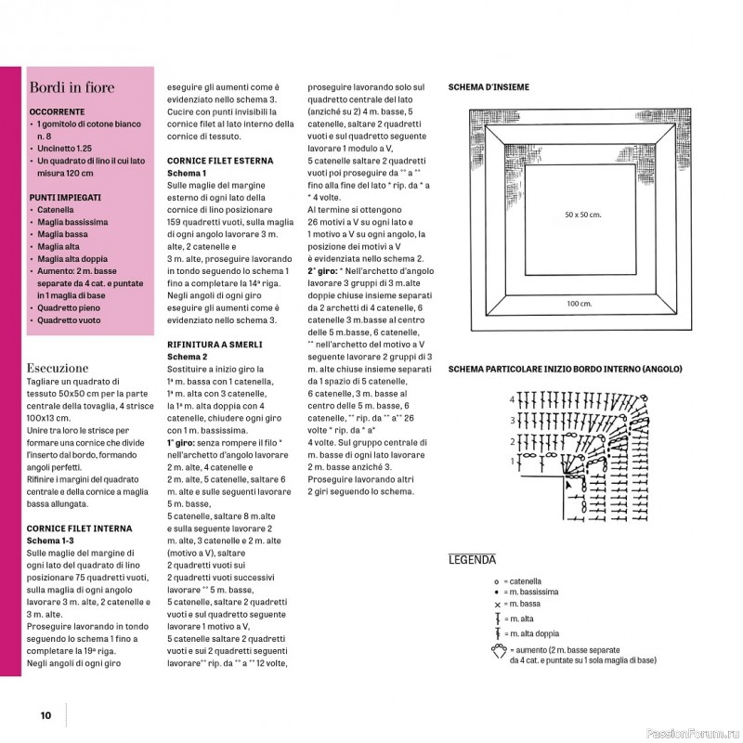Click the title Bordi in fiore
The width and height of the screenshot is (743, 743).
[72, 88]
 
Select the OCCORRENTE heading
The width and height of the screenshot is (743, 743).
[58, 111]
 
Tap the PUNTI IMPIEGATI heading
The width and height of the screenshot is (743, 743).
[65, 198]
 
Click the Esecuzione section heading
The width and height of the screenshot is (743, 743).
[59, 368]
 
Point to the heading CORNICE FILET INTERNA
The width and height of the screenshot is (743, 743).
[78, 528]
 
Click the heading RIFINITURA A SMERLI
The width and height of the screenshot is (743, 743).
[213, 344]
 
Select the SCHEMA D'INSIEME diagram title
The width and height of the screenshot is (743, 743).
[489, 87]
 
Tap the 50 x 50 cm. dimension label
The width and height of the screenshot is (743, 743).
[583, 215]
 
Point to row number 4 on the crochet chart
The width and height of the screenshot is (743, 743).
[512, 398]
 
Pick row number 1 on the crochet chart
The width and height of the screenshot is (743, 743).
[512, 461]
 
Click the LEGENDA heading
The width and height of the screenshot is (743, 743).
[473, 560]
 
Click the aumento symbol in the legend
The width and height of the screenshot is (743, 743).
[500, 651]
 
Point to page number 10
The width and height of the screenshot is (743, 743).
[45, 715]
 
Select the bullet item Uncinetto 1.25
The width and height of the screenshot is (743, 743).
[75, 148]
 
